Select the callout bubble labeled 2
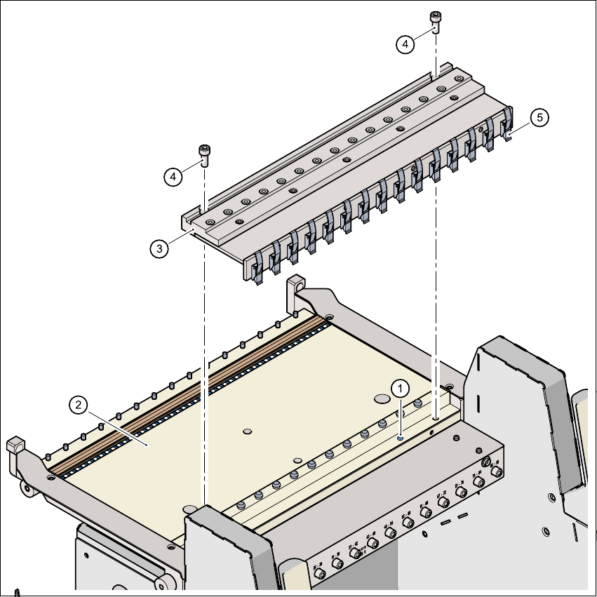click(x=79, y=404)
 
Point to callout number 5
click(x=539, y=118)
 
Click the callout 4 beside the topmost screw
click(x=405, y=44)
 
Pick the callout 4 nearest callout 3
click(x=173, y=177)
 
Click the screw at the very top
click(x=436, y=21)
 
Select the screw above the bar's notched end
click(x=204, y=153)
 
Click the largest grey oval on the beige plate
click(x=382, y=398)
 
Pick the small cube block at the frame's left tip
click(x=13, y=445)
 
